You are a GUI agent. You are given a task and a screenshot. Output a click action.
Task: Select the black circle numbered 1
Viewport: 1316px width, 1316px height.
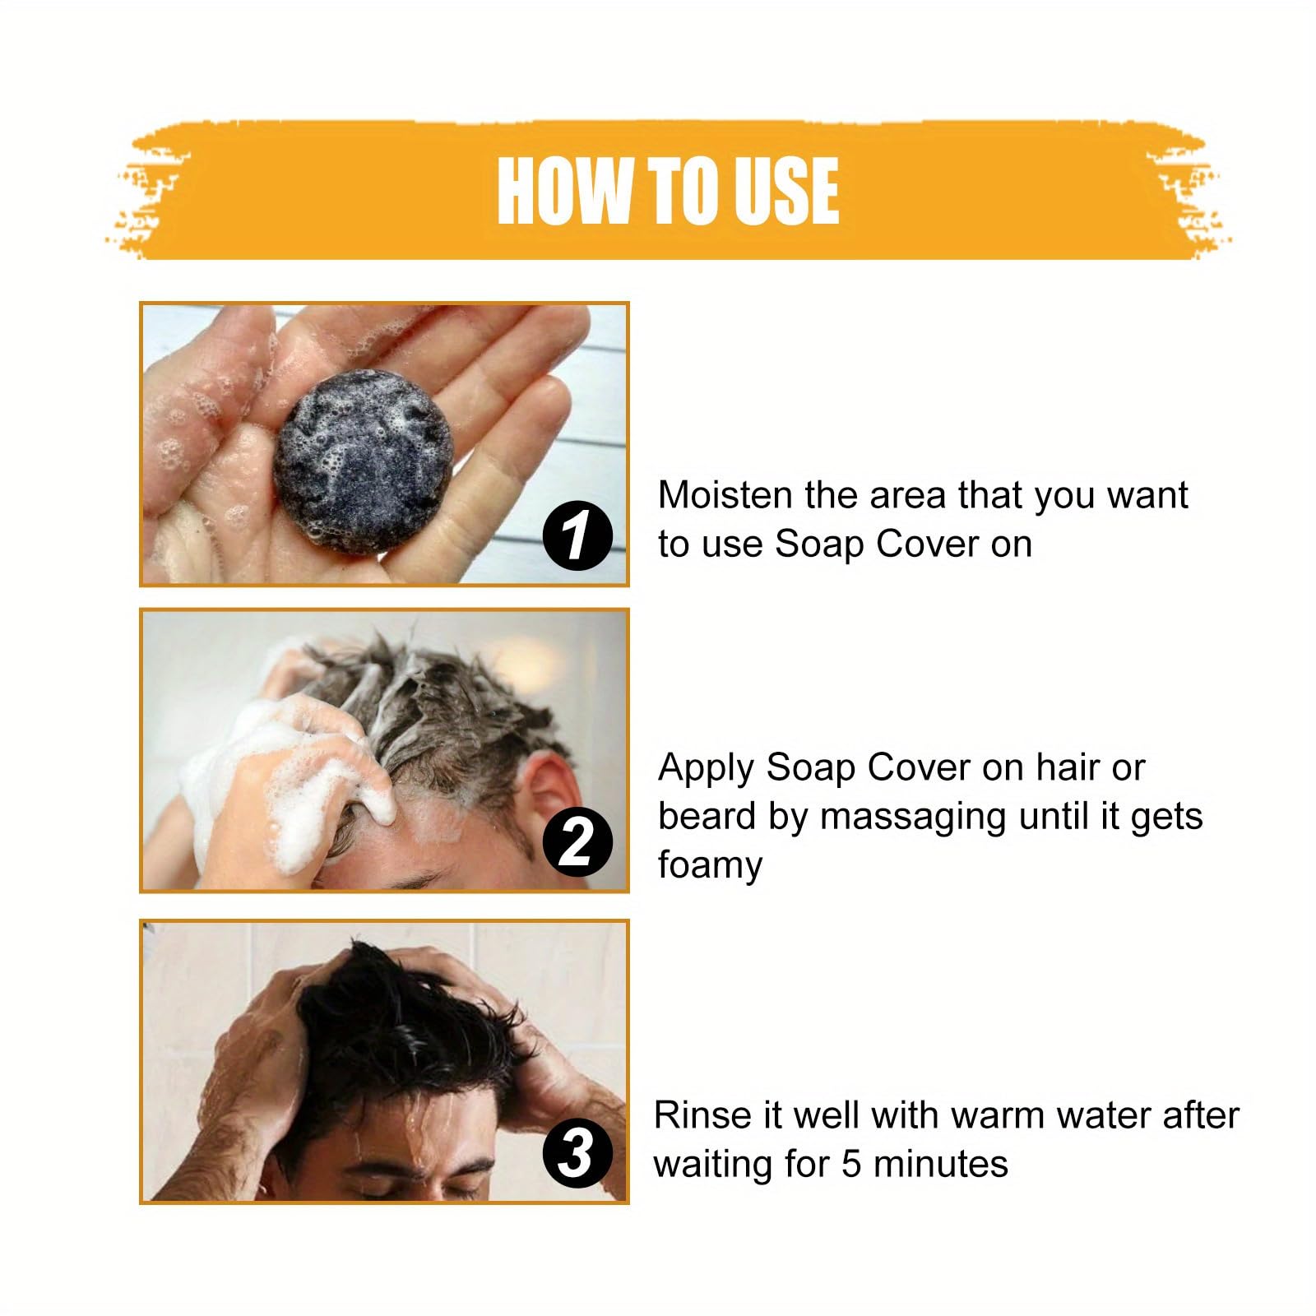(x=577, y=535)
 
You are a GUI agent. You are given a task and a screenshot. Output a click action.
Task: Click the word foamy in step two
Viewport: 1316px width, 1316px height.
(x=710, y=865)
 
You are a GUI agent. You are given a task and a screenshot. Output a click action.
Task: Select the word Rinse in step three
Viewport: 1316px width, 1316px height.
(x=702, y=1115)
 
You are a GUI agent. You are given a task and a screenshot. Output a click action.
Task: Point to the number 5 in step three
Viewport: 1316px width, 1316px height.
(x=851, y=1164)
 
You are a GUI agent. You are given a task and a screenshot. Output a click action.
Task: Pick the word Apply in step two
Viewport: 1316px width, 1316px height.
(x=706, y=768)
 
